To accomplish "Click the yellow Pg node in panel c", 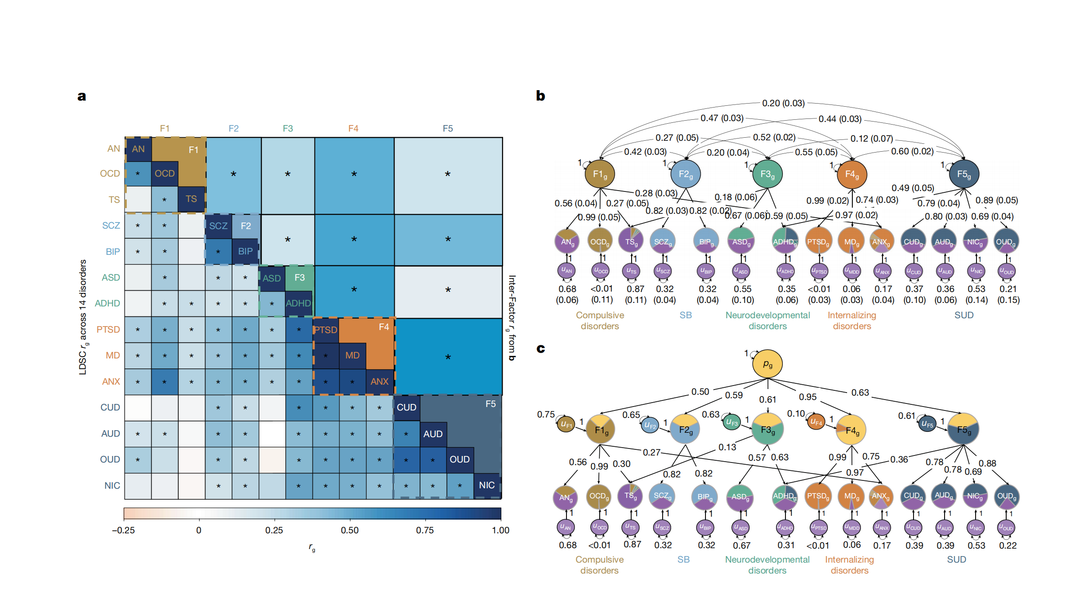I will (x=767, y=364).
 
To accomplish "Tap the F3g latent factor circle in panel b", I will (x=767, y=174).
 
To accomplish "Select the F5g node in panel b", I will (x=964, y=174).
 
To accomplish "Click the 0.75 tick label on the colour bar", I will (x=425, y=530).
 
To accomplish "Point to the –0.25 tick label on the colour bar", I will (x=124, y=530).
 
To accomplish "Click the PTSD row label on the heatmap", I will (x=108, y=330).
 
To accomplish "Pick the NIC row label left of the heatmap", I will (x=112, y=486).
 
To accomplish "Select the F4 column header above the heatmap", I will (x=353, y=129).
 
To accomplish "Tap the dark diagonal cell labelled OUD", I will (x=460, y=459).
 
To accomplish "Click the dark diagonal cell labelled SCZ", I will (x=218, y=226).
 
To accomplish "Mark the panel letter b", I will (x=541, y=96).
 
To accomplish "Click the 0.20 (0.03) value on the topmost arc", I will (x=783, y=103).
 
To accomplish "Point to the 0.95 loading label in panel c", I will (x=808, y=397).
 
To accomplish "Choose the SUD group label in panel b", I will (x=964, y=315).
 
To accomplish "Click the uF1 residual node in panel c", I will (x=566, y=424).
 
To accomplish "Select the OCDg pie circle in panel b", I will (x=600, y=241).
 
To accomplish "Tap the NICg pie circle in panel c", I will (x=975, y=496).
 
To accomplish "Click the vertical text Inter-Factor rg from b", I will (x=512, y=318).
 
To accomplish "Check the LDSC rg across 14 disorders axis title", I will (x=83, y=317).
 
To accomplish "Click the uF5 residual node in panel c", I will (x=927, y=424).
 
